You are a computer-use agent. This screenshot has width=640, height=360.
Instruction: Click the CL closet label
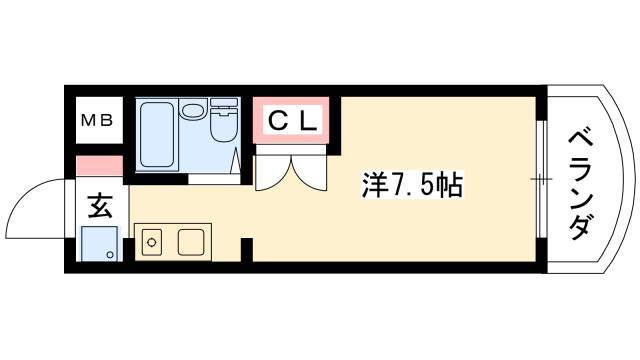tap(292, 122)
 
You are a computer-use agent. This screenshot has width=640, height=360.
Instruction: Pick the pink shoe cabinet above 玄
tap(99, 165)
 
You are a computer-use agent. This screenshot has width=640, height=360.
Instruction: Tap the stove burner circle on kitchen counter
tap(153, 240)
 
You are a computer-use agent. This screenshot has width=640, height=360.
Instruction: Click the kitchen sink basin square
tap(192, 241)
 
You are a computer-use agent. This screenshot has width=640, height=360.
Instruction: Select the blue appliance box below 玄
tap(100, 243)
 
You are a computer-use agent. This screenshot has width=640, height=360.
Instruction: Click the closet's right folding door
tap(311, 170)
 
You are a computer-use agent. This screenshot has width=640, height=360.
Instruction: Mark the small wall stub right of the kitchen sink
tap(248, 247)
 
